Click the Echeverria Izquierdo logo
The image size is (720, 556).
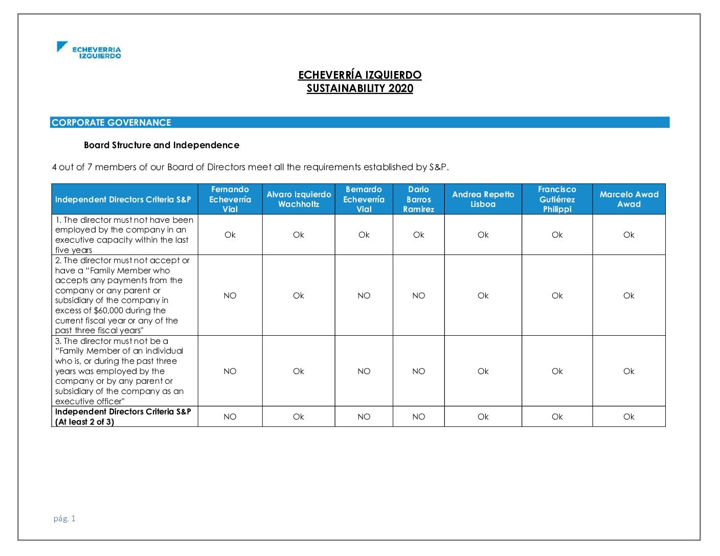[89, 50]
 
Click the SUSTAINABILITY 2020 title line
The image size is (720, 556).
[359, 88]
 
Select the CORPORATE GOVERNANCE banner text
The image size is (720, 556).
[111, 123]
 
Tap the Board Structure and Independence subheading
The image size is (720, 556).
[161, 145]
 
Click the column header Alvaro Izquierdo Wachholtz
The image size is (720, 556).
[299, 199]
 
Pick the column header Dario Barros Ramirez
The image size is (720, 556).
[418, 199]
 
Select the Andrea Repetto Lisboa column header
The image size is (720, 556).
[483, 199]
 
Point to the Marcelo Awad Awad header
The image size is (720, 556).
[628, 199]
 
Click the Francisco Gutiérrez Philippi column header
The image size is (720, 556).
[557, 199]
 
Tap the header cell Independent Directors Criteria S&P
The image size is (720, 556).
[123, 199]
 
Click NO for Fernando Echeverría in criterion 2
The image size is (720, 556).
[230, 295]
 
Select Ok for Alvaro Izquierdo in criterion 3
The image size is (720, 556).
[299, 371]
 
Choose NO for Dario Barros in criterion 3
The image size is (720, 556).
[418, 371]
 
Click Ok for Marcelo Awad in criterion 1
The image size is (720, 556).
[628, 235]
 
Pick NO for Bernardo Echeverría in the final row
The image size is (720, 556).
[364, 416]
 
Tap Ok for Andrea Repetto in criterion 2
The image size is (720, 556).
[483, 295]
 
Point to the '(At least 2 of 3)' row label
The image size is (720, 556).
[85, 422]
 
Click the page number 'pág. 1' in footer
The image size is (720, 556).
[64, 519]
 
